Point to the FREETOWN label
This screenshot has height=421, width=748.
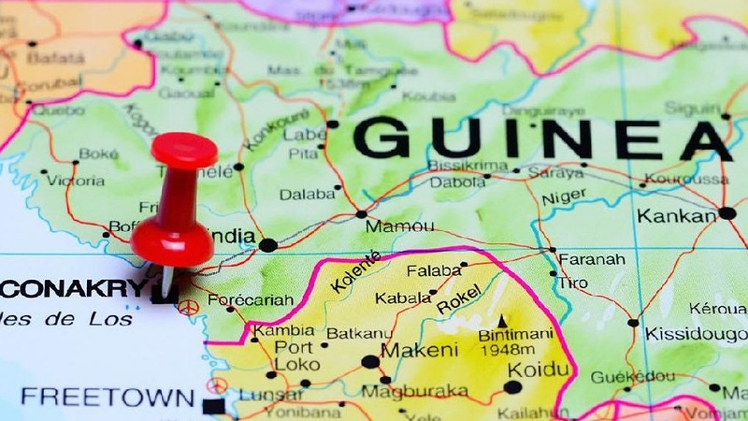click(x=108, y=397)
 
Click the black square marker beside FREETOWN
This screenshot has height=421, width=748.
click(x=214, y=406)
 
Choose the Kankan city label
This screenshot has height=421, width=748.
click(x=676, y=216)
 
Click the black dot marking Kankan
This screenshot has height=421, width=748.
click(x=727, y=213)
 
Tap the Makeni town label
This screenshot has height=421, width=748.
click(x=420, y=350)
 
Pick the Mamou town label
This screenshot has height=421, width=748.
click(x=399, y=226)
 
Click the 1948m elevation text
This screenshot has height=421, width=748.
click(x=507, y=351)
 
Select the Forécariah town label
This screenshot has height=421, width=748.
click(x=250, y=301)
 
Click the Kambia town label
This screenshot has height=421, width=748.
click(x=284, y=330)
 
